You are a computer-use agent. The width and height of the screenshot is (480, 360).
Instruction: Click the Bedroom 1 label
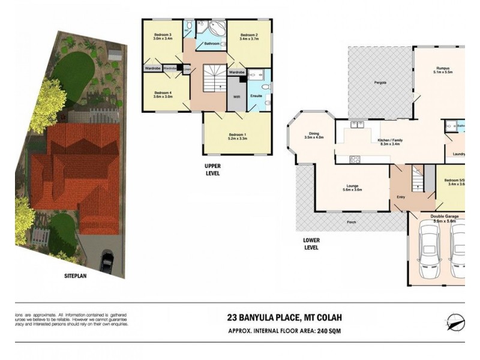pos(238,135)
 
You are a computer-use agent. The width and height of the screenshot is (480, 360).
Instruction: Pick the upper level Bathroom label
pos(211,44)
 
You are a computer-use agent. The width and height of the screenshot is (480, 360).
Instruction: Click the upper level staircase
pos(213,79)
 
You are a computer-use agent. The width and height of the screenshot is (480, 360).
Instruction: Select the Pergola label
pos(379,82)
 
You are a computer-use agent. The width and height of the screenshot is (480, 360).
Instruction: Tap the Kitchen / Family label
pos(391,142)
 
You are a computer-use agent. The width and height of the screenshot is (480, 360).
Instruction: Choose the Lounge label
pos(352,187)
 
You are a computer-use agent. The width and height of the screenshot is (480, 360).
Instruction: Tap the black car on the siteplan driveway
pos(107,261)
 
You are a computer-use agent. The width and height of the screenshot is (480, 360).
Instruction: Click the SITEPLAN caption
pos(77,278)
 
